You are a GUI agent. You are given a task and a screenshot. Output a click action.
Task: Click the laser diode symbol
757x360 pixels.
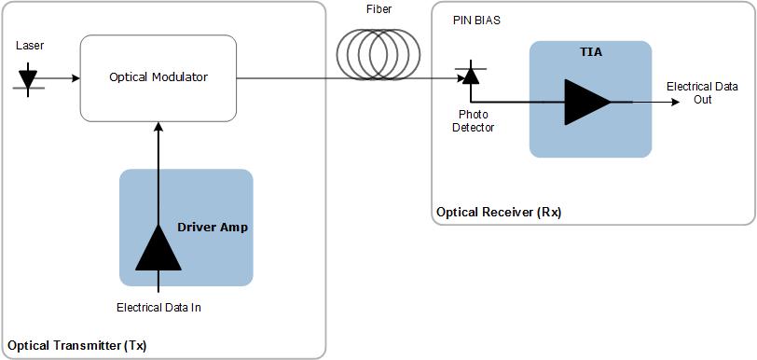[x=28, y=77]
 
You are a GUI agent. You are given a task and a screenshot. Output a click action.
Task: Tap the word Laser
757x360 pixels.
[x=30, y=45]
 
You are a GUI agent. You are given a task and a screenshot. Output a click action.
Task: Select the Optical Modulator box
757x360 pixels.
[x=158, y=78]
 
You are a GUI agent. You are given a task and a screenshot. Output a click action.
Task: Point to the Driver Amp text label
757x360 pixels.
[x=213, y=227]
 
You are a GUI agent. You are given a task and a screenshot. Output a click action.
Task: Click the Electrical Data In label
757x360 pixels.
[x=158, y=307]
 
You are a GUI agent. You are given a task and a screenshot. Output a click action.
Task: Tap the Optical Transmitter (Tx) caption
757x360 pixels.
[x=77, y=345]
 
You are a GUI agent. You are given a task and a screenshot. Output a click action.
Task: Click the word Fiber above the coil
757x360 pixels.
[x=378, y=10]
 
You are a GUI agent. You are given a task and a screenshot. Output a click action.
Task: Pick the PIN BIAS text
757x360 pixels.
[x=476, y=20]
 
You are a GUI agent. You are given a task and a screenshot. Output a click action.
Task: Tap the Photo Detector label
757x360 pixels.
[x=474, y=121]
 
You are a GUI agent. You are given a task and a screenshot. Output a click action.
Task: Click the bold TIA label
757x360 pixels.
[x=591, y=52]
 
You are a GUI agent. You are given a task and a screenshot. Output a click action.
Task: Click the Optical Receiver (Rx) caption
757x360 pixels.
[x=499, y=213]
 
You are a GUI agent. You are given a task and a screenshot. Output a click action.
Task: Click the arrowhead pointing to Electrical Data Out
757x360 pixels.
[x=675, y=102]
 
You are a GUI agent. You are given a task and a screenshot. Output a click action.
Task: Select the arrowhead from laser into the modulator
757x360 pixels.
[x=75, y=78]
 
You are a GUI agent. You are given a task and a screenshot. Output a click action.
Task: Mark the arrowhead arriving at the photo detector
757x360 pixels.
[x=460, y=78]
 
